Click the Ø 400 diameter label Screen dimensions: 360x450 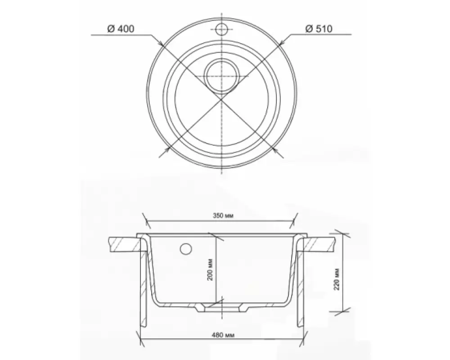point(121,29)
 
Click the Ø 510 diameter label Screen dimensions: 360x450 point(319,29)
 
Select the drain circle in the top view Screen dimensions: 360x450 point(221,76)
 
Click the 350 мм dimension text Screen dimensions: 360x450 point(221,216)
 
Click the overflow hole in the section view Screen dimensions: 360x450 point(185,248)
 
